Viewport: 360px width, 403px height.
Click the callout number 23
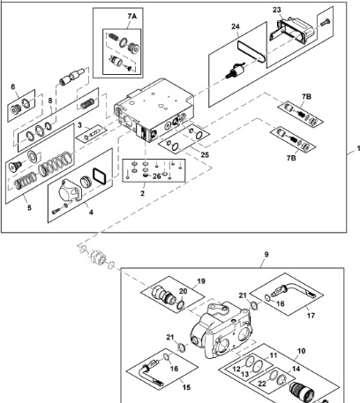pyautogui.click(x=276, y=10)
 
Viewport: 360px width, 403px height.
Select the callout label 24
pyautogui.click(x=236, y=26)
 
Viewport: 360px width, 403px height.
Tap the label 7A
pyautogui.click(x=132, y=17)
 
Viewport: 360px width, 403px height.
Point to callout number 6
pyautogui.click(x=13, y=87)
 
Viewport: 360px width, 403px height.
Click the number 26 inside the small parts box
pyautogui.click(x=157, y=176)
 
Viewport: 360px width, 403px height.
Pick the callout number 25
pyautogui.click(x=205, y=154)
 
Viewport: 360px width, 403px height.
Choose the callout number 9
pyautogui.click(x=266, y=254)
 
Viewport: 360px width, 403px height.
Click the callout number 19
pyautogui.click(x=201, y=281)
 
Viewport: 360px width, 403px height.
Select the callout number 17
pyautogui.click(x=311, y=316)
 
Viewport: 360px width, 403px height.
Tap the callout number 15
pyautogui.click(x=186, y=387)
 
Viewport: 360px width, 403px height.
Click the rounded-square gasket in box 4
pyautogui.click(x=100, y=176)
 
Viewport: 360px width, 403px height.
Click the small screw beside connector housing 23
pyautogui.click(x=326, y=21)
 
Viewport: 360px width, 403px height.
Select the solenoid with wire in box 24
pyautogui.click(x=238, y=71)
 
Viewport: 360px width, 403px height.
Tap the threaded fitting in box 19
pyautogui.click(x=164, y=295)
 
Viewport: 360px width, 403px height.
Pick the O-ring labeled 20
pyautogui.click(x=181, y=304)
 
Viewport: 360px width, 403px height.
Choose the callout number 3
pyautogui.click(x=79, y=125)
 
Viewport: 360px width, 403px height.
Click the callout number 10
pyautogui.click(x=302, y=351)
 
